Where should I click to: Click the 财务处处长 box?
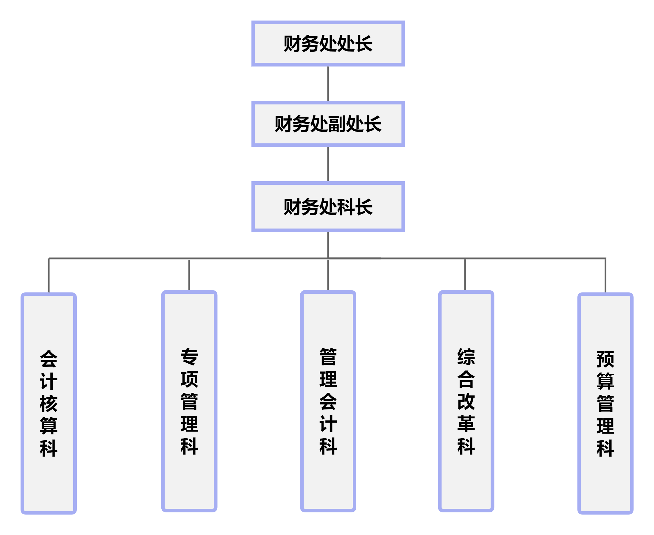[328, 43]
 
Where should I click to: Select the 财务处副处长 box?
[328, 123]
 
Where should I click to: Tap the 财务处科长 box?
[328, 207]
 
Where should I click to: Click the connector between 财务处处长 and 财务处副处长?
[328, 84]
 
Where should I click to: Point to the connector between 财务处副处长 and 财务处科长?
[328, 164]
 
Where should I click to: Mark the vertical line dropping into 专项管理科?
[189, 275]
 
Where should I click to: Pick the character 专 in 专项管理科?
[189, 356]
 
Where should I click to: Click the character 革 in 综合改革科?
[466, 424]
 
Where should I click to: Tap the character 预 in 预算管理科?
[605, 359]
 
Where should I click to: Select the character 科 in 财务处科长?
[345, 207]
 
